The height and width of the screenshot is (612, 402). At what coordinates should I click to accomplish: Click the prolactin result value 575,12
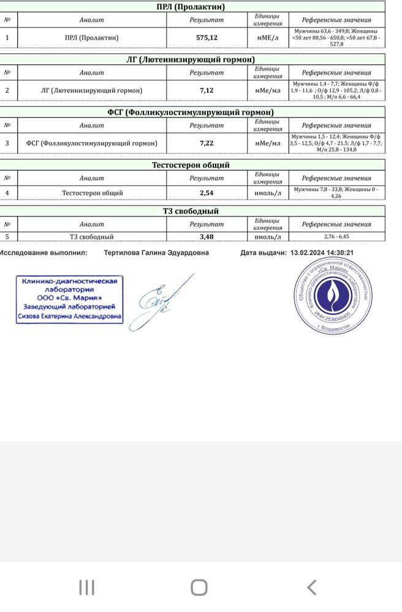207,37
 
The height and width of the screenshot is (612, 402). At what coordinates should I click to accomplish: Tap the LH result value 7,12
207,91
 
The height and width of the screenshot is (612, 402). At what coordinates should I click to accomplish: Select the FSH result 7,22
207,143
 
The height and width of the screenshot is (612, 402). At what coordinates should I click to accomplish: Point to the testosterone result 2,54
207,193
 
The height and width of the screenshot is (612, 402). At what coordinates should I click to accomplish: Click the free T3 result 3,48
207,237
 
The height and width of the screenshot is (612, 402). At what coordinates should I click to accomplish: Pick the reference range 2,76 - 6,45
336,237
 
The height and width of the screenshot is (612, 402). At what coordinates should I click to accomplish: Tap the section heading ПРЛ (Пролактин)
191,7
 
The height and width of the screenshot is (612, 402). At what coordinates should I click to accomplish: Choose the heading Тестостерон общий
191,165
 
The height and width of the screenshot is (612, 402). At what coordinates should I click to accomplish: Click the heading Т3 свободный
191,211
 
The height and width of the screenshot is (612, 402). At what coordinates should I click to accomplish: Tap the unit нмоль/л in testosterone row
268,193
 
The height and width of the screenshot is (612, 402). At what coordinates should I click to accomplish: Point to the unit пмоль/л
268,237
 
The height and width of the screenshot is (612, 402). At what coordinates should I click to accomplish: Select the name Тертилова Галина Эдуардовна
156,252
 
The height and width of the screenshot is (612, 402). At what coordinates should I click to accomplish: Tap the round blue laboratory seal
333,296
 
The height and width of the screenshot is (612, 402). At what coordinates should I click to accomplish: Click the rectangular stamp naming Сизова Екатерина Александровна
69,299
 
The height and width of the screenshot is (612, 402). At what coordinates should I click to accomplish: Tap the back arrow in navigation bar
311,588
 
